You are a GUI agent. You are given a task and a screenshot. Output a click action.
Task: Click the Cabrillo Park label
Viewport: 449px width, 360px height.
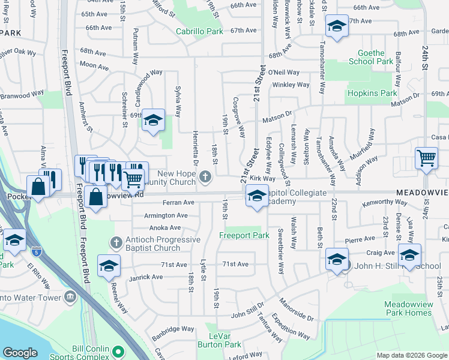coord(199,31)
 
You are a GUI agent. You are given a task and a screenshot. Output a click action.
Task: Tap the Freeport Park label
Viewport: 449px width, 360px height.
coord(244,236)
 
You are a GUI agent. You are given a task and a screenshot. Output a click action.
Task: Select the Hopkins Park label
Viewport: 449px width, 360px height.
coord(371,94)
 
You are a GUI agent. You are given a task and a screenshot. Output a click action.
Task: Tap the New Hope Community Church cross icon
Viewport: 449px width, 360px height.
coord(206,176)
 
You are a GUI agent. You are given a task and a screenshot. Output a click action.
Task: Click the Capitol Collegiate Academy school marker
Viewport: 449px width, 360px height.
coord(256,196)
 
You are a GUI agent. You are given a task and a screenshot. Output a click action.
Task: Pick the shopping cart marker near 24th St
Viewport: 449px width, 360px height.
coord(426,158)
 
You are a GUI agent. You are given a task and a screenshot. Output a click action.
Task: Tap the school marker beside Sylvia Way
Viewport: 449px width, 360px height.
coord(153,120)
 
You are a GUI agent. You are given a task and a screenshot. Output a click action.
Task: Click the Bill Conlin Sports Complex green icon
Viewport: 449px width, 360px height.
coord(118,351)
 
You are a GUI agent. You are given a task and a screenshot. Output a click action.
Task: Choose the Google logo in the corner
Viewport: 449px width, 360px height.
coord(20,353)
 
